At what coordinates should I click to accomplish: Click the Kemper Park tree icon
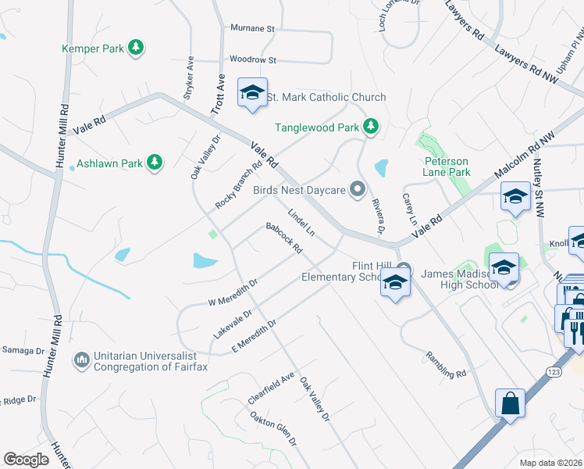click(x=137, y=48)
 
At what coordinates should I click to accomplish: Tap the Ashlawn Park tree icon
click(x=155, y=163)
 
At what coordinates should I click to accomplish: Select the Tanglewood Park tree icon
click(x=372, y=126)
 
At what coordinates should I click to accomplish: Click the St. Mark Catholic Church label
click(x=326, y=98)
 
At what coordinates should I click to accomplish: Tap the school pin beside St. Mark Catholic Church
click(x=252, y=93)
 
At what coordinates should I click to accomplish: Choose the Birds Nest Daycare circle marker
click(x=358, y=188)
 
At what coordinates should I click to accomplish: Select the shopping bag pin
click(x=509, y=404)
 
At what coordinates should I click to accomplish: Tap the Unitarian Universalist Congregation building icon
click(x=81, y=360)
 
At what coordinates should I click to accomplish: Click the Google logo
click(x=26, y=460)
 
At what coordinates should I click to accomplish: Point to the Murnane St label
click(x=253, y=28)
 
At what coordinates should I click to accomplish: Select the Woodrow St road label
click(x=253, y=59)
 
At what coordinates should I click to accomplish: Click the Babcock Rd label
click(x=283, y=238)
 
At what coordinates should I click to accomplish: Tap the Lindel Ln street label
click(x=301, y=222)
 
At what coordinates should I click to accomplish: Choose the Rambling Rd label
click(x=446, y=364)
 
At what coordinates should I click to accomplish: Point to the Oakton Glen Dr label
click(x=273, y=429)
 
